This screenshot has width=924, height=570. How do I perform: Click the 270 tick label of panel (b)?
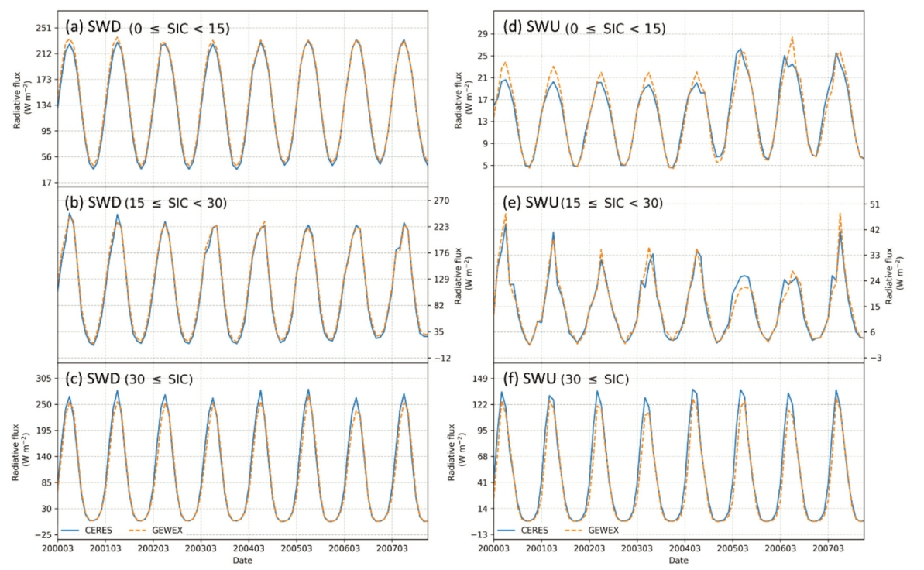444,201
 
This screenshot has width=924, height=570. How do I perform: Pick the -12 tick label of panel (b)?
444,358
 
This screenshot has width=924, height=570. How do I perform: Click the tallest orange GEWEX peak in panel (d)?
792,37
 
